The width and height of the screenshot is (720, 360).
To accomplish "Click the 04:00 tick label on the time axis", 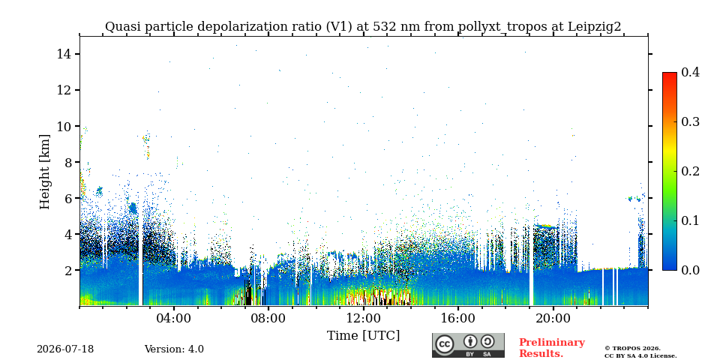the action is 174,319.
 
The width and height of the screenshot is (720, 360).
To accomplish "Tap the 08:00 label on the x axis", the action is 268,319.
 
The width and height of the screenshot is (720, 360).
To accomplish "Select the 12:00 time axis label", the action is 363,319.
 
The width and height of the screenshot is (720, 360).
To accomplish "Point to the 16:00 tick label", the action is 457,319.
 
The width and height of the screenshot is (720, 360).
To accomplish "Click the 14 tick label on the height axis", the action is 62,54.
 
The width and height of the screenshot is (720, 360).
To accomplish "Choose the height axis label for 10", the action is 62,126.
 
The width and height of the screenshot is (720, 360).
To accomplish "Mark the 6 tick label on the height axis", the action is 66,198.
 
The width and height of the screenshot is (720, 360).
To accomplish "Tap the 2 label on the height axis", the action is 66,271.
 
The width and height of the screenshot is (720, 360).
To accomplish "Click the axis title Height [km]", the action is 44,172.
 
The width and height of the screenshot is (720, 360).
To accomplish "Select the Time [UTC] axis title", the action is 363,336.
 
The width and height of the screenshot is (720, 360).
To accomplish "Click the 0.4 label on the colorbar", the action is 690,72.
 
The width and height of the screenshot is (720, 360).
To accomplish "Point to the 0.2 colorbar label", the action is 690,171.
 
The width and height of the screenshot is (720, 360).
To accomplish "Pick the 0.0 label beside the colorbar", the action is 690,270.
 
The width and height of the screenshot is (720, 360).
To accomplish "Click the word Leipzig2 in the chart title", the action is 595,27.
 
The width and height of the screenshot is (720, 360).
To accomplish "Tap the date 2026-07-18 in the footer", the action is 65,349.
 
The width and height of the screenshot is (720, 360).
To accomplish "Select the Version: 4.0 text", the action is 174,349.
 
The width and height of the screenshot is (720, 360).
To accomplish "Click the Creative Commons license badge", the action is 468,345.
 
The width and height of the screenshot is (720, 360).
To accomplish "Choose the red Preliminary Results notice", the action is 552,348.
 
